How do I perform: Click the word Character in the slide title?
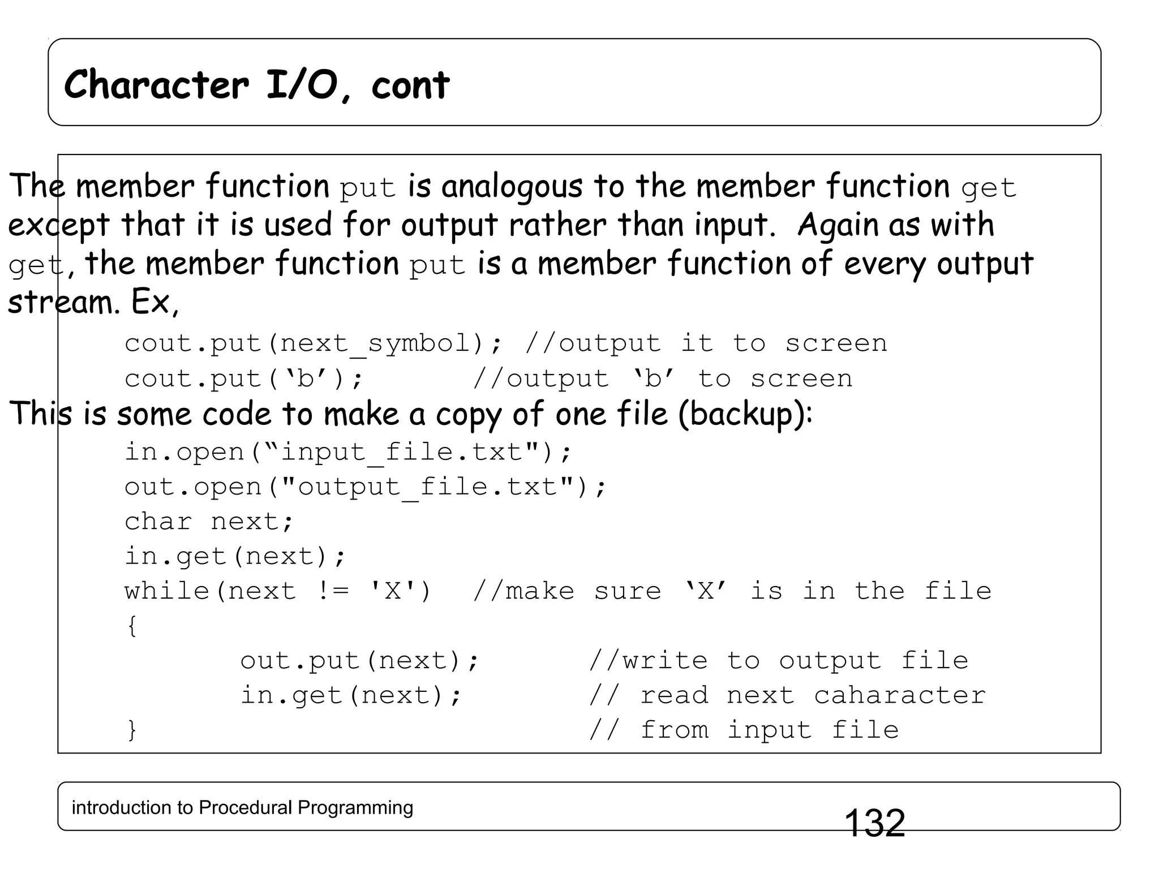[156, 85]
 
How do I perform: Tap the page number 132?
[874, 823]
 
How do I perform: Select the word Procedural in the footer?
[246, 807]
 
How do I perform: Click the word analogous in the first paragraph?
[511, 187]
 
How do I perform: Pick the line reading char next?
[209, 522]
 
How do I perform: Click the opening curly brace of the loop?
[131, 626]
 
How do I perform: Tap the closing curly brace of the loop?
[131, 730]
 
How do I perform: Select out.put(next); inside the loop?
[359, 661]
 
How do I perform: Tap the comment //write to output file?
[778, 661]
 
